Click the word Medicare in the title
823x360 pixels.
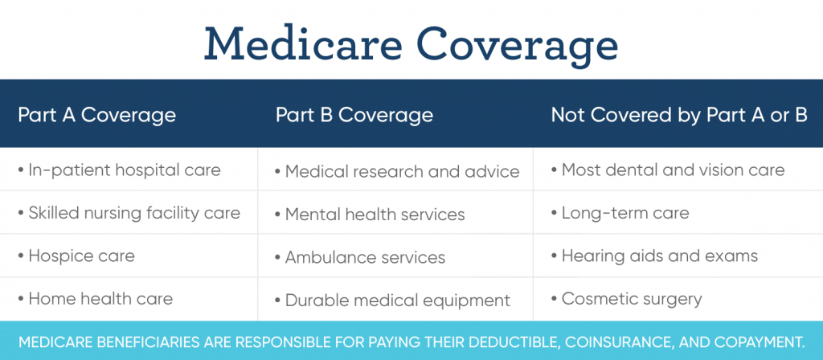(x=303, y=43)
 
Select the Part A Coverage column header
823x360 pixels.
(x=96, y=115)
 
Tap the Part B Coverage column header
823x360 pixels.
(x=354, y=115)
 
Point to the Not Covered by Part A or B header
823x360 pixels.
(x=679, y=115)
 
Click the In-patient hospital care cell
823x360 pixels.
(x=119, y=170)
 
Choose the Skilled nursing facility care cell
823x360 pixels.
(x=129, y=213)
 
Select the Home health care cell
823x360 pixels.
(x=95, y=299)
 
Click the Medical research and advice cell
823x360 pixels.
(x=397, y=172)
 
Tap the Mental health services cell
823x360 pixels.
(x=370, y=215)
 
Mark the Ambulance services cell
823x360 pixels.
(x=360, y=258)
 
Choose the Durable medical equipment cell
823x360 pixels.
(x=392, y=301)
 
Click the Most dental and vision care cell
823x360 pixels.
(x=668, y=170)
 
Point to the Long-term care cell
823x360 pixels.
(x=620, y=213)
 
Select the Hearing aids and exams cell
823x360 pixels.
(x=654, y=256)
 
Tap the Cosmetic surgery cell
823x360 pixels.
(x=626, y=299)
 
